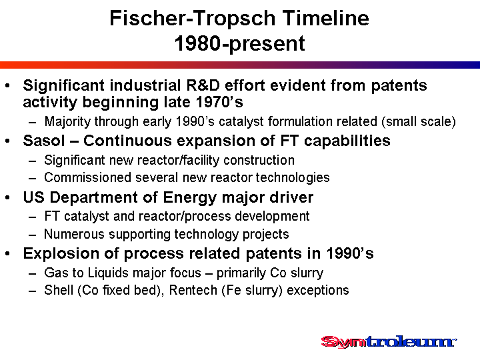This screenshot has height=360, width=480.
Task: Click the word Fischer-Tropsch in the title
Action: click(x=193, y=18)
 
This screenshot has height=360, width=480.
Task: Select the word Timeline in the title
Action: click(x=326, y=18)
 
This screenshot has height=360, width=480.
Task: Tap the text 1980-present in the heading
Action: click(x=240, y=43)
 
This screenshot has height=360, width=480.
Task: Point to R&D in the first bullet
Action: click(x=203, y=85)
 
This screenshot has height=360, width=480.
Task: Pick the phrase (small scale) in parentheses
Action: click(x=419, y=122)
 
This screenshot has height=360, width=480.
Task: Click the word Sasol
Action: click(x=44, y=141)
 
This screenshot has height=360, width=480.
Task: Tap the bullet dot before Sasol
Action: click(x=8, y=141)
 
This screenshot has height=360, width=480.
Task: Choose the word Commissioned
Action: click(x=87, y=177)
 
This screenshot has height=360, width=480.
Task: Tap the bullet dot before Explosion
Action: click(x=8, y=254)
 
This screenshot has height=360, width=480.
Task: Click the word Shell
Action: click(x=59, y=290)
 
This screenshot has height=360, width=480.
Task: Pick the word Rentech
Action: click(x=193, y=290)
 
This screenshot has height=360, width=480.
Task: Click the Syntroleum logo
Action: click(x=389, y=342)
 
